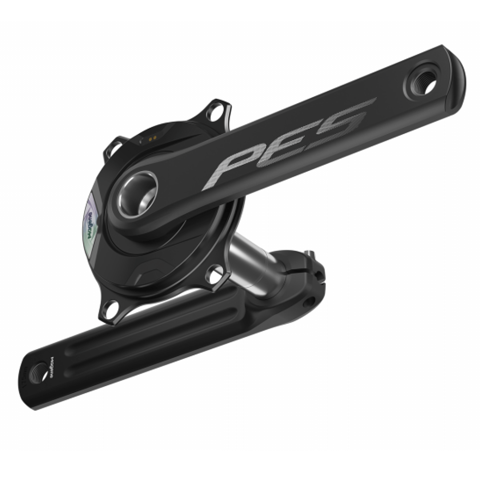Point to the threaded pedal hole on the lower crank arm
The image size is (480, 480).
40,372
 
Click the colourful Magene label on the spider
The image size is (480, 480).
91,220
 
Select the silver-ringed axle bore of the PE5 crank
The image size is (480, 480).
138,194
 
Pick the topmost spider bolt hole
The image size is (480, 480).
216,112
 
